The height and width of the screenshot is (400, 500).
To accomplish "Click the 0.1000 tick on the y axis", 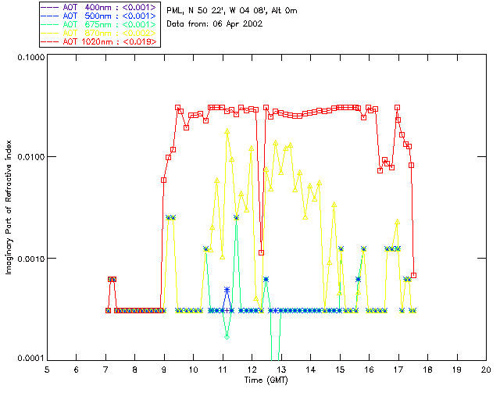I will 30,57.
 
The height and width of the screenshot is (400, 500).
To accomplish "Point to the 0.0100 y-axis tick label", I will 30,157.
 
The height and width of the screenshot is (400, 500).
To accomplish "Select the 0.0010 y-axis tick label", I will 30,258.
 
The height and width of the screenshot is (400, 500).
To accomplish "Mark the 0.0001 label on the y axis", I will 30,358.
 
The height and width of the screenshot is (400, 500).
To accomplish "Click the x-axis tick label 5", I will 47,369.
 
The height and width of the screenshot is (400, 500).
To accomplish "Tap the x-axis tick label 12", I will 252,369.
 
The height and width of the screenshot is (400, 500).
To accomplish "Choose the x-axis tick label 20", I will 486,369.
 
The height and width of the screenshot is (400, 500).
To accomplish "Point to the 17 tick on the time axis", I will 398,369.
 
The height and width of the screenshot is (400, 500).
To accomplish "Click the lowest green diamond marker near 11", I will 227,337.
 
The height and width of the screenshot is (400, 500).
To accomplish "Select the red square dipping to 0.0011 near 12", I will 261,252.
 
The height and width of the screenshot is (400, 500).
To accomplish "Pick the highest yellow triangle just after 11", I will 227,132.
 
